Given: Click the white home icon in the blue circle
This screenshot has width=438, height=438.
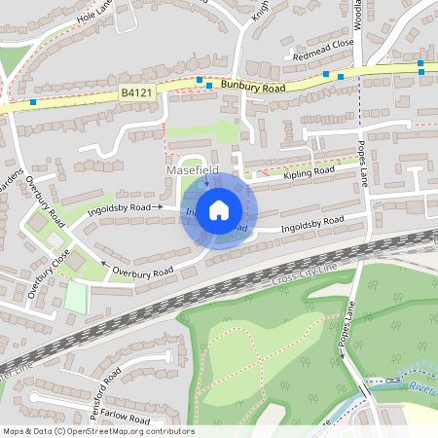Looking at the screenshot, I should pyautogui.click(x=219, y=209).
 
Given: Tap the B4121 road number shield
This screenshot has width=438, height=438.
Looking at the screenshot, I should pyautogui.click(x=138, y=91).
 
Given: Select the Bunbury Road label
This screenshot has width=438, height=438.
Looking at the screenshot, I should pyautogui.click(x=253, y=87).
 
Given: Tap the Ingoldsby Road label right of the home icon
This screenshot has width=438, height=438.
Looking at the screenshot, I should pyautogui.click(x=311, y=225).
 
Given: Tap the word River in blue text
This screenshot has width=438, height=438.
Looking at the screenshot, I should pyautogui.click(x=421, y=386).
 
